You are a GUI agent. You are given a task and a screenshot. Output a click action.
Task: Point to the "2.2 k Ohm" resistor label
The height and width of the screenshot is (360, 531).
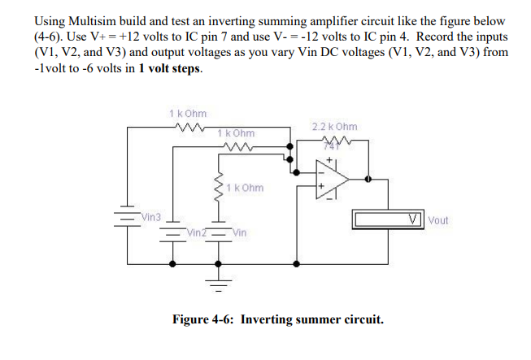[333, 127]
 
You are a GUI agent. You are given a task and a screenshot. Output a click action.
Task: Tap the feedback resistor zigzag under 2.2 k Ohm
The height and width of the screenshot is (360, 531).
[333, 143]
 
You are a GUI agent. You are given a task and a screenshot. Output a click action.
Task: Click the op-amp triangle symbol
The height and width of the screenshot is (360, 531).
[332, 178]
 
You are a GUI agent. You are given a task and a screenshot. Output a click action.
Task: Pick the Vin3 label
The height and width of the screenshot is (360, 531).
[151, 218]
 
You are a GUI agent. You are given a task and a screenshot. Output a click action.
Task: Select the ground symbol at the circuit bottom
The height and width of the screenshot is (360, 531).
[218, 284]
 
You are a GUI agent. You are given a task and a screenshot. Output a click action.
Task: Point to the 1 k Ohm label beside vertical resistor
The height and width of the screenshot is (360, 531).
[246, 188]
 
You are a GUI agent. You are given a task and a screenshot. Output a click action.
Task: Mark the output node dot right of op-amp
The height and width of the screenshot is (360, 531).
[369, 178]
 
